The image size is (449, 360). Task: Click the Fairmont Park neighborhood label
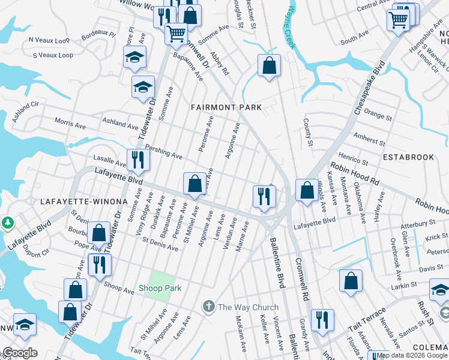(x=226, y=107)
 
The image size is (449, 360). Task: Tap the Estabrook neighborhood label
(x=409, y=157)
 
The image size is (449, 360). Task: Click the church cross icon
(x=209, y=307)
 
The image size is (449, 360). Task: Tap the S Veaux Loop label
(x=53, y=55)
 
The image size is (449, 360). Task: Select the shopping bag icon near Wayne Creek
(x=270, y=65)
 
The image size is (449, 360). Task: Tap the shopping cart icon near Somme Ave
(x=176, y=33)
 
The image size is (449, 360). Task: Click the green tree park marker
(x=8, y=223)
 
